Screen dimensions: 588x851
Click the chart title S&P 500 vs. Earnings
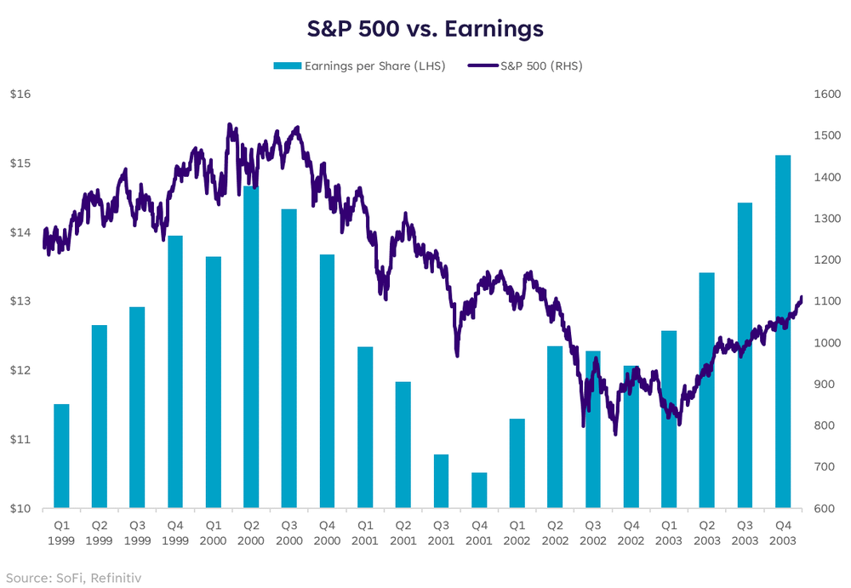(x=425, y=29)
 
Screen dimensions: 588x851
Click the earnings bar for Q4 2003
(x=783, y=332)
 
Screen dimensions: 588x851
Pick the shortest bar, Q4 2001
(x=479, y=490)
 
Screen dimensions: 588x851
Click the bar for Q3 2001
(x=441, y=482)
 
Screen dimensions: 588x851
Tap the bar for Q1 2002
(x=517, y=464)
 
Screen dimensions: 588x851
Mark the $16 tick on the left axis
(x=20, y=94)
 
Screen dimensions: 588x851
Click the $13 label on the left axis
(x=20, y=301)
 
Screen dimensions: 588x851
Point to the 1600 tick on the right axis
(x=828, y=94)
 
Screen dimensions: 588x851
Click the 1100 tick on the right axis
(x=828, y=301)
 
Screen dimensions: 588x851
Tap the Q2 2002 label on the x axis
(x=555, y=533)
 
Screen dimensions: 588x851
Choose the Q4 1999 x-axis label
(x=175, y=533)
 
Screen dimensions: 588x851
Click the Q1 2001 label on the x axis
(x=365, y=533)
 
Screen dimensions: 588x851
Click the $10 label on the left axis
(x=20, y=509)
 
